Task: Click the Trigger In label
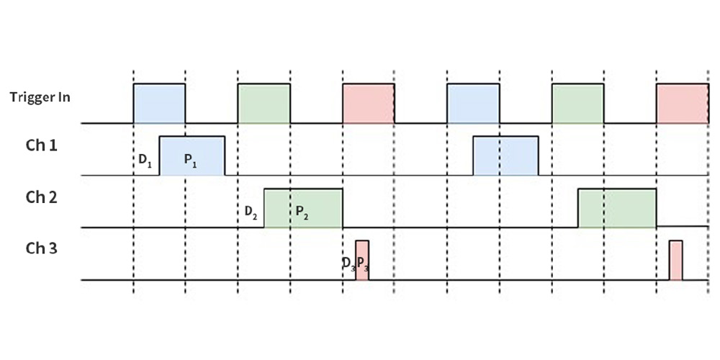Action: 40,97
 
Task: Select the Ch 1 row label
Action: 41,145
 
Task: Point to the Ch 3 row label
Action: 41,248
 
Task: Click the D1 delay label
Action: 145,161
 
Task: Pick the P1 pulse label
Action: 191,161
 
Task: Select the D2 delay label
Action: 251,212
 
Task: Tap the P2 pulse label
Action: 302,212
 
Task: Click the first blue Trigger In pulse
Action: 159,104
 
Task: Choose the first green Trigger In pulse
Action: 264,104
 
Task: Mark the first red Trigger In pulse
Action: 368,104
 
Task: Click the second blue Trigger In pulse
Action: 473,104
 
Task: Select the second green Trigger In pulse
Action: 577,104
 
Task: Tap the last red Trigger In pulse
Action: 683,104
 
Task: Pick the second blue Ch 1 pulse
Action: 505,156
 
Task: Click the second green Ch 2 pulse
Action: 617,208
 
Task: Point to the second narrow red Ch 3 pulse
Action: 675,261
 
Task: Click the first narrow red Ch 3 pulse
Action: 362,261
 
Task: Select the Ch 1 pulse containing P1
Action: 192,156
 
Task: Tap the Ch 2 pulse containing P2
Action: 303,208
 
